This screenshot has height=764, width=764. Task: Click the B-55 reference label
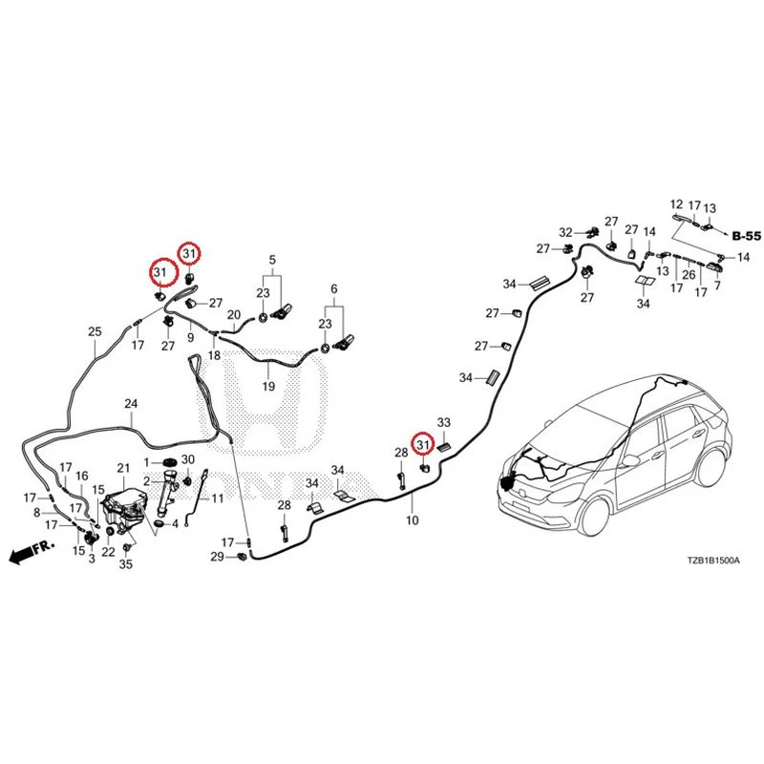[747, 236]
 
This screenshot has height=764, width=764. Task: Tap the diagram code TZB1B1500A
[713, 561]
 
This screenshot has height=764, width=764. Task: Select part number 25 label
[95, 331]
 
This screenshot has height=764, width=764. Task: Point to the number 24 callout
[131, 404]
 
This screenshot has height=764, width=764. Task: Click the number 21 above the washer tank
[124, 468]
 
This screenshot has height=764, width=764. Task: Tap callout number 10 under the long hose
[413, 520]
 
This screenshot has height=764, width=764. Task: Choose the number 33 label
[444, 422]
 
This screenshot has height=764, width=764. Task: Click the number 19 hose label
[268, 387]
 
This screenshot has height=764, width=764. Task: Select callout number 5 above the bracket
[272, 260]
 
